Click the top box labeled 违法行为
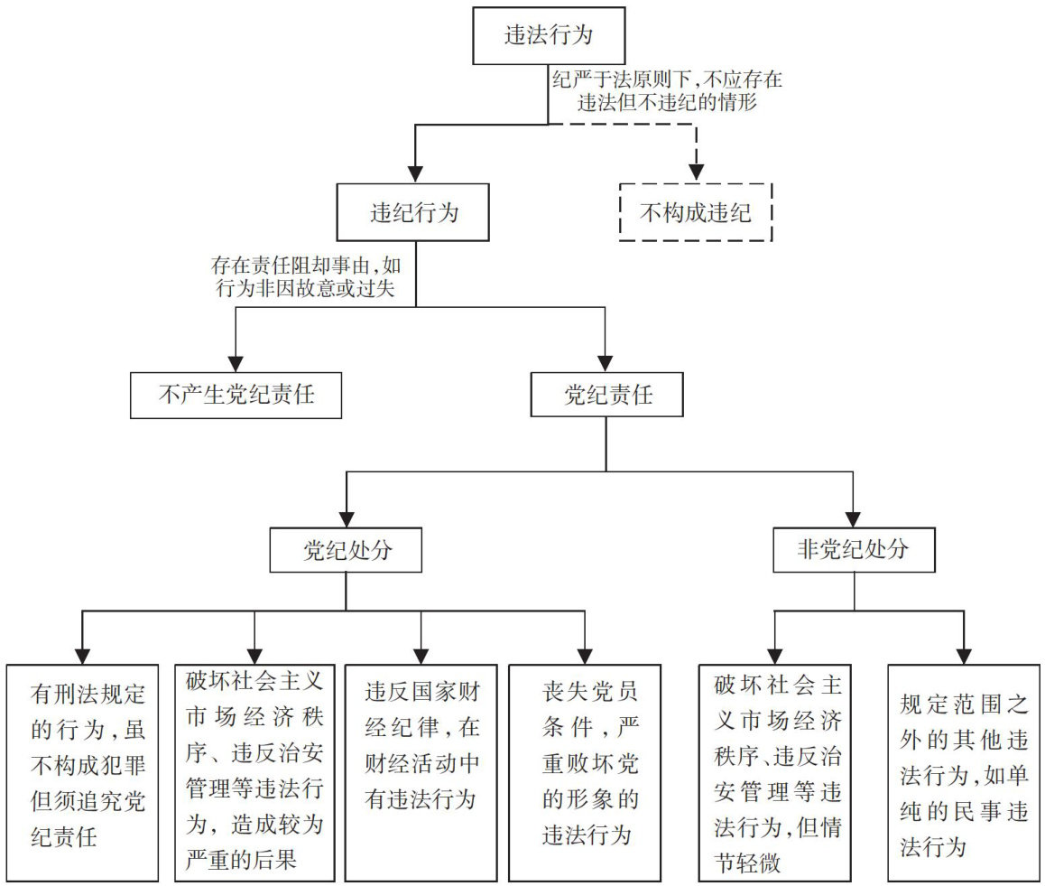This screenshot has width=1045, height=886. [549, 37]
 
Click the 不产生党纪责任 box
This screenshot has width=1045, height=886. [236, 395]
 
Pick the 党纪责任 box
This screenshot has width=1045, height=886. [606, 395]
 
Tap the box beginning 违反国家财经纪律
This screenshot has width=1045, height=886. [421, 772]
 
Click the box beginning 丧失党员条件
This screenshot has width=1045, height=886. [585, 772]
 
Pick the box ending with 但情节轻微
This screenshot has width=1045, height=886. [775, 772]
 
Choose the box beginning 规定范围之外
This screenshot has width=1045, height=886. [964, 772]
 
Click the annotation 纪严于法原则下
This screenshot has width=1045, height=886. [668, 90]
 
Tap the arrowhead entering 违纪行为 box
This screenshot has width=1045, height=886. [414, 173]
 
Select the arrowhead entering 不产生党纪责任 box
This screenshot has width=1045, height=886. [236, 362]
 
